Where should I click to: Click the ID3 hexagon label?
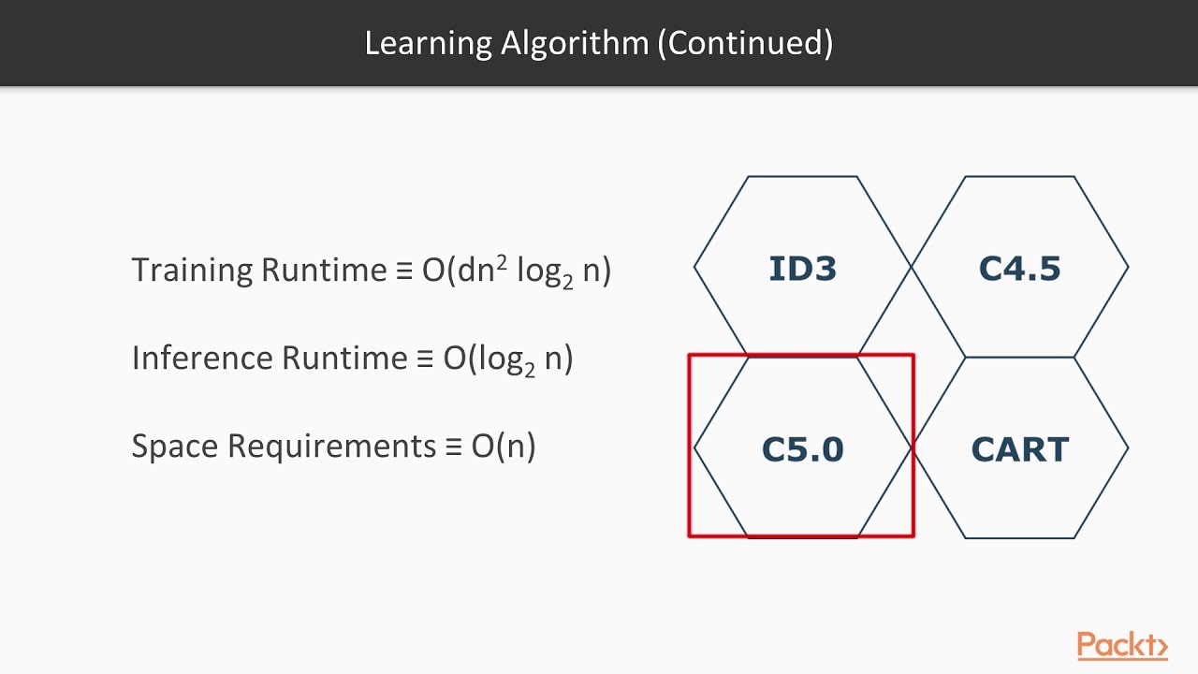tap(802, 269)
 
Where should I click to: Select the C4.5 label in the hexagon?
tap(1019, 269)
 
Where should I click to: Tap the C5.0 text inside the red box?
tap(802, 449)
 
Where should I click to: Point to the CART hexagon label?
tap(1019, 449)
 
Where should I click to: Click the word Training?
tap(192, 271)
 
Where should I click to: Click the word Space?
tap(174, 446)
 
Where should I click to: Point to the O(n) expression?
tap(504, 446)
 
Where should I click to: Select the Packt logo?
tap(1121, 645)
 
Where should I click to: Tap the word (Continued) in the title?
tap(745, 43)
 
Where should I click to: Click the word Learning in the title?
tap(427, 43)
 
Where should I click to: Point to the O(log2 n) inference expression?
tap(507, 359)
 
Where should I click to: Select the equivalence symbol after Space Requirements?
tap(454, 447)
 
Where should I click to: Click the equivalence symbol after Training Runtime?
tap(404, 271)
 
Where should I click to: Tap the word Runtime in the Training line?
tap(323, 271)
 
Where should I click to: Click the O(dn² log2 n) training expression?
tap(516, 271)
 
